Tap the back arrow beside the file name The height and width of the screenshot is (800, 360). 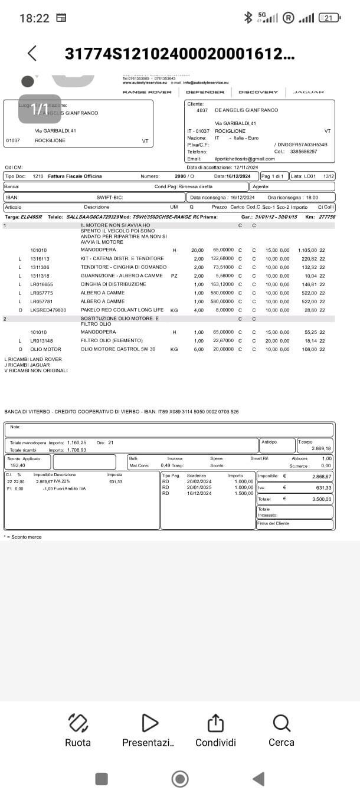(32, 53)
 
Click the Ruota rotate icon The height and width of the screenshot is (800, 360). (78, 723)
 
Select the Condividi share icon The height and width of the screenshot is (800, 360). (215, 723)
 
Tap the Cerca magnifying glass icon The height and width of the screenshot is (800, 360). (282, 723)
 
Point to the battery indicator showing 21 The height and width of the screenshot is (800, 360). (329, 18)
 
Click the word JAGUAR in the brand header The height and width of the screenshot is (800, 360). (309, 92)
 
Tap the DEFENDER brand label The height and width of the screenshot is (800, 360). (205, 92)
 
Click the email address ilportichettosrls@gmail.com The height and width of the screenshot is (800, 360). (245, 159)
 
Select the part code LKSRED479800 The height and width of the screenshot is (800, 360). (48, 310)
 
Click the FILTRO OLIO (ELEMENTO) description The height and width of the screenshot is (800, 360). (112, 340)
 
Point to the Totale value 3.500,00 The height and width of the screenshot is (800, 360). (321, 499)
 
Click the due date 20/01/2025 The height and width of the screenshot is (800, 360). (199, 487)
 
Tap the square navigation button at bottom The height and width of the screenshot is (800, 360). (102, 779)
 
